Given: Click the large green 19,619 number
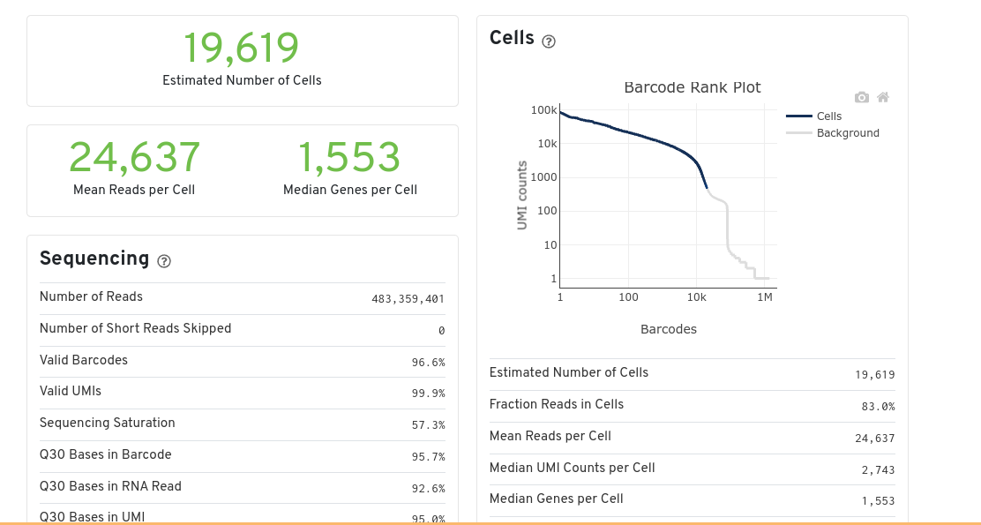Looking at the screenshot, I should [241, 49].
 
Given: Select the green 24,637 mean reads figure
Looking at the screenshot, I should [134, 158].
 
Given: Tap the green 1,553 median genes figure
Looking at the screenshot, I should [349, 158].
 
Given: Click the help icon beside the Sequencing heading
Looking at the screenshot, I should [163, 261].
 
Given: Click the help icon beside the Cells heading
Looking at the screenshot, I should [549, 41].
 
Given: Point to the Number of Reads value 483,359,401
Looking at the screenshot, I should [408, 299].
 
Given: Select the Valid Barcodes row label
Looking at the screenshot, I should [84, 360].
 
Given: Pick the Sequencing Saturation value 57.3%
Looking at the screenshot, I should [428, 425].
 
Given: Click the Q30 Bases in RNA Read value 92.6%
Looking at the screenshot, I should [428, 489].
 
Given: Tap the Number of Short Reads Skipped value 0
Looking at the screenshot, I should [441, 331].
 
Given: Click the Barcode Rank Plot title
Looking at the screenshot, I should [692, 87].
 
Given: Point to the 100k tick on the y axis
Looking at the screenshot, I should [543, 110].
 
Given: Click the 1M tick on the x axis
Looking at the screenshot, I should [764, 297].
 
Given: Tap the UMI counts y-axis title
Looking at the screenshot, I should [522, 195].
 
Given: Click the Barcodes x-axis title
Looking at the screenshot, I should [668, 329].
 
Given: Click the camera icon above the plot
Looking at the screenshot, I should [862, 97].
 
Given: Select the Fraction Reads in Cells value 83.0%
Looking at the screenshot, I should [878, 407].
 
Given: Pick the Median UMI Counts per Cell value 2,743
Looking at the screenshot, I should [878, 470].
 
